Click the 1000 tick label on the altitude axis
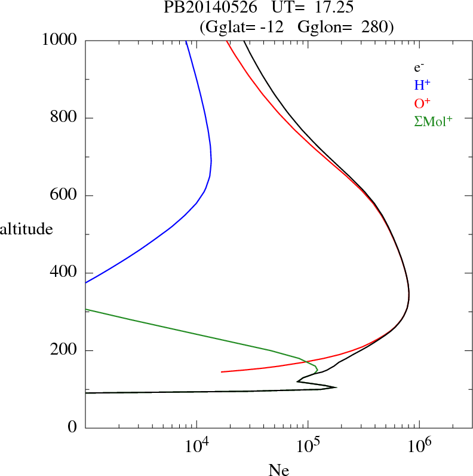[60, 41]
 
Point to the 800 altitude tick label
[64, 118]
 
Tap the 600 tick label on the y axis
[64, 196]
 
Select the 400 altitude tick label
[64, 273]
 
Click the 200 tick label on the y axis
[64, 350]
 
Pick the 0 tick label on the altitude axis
[73, 428]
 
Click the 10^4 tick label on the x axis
[196, 446]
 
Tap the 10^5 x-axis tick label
[308, 446]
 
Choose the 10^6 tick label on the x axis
[419, 446]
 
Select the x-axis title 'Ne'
[278, 470]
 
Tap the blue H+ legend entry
[422, 85]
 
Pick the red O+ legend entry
[422, 103]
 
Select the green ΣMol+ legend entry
[433, 121]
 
